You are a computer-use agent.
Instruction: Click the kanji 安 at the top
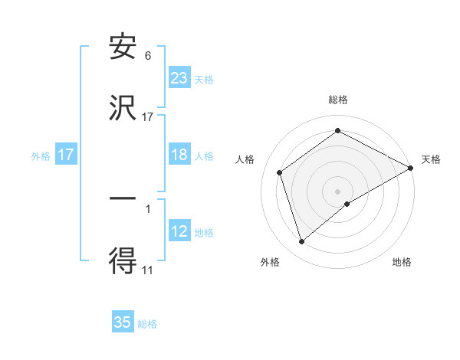tap(123, 47)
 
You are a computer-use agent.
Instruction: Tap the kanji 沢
tap(123, 110)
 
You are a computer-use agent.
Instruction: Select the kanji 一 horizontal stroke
tap(123, 198)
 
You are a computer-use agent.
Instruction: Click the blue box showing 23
tap(179, 77)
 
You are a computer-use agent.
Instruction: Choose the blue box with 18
tap(179, 155)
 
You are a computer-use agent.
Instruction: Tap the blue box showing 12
tap(179, 232)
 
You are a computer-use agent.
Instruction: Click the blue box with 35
tap(123, 322)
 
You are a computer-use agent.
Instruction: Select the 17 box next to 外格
tap(66, 155)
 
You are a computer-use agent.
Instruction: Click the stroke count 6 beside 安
tap(148, 55)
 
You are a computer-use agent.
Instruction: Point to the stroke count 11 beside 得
tap(148, 270)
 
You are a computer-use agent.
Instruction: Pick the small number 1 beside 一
tap(148, 208)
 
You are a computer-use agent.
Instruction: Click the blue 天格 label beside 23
tap(204, 79)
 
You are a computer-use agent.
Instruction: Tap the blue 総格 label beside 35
tap(147, 324)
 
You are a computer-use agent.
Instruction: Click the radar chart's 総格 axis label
tap(338, 100)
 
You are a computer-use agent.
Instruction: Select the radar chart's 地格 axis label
tap(402, 262)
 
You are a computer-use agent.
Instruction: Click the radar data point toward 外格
tap(301, 242)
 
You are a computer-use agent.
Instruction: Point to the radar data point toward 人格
tap(280, 172)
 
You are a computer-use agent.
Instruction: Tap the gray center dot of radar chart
tap(338, 191)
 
